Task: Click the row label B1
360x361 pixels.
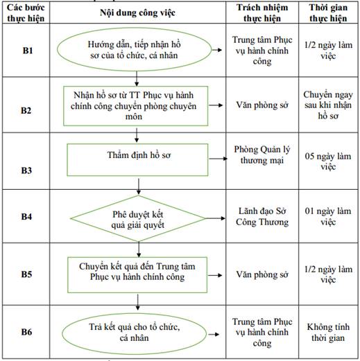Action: [28, 51]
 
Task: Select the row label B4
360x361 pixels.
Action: [26, 216]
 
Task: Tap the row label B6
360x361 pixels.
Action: [26, 332]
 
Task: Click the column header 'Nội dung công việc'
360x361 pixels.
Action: [137, 13]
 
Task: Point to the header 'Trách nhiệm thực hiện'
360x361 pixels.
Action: [262, 13]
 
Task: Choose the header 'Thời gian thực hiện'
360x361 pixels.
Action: [328, 13]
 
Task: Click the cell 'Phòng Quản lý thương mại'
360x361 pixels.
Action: [262, 155]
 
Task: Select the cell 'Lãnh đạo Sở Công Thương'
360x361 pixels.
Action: [262, 217]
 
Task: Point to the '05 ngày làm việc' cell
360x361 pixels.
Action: [328, 161]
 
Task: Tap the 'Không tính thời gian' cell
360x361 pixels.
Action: [328, 333]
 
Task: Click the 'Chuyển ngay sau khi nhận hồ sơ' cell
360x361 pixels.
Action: [328, 105]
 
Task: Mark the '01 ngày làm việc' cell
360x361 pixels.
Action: [328, 216]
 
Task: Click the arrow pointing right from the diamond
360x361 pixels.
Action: [215, 218]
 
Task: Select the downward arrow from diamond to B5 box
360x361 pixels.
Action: [139, 249]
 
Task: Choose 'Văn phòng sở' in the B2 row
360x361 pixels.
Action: [262, 105]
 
